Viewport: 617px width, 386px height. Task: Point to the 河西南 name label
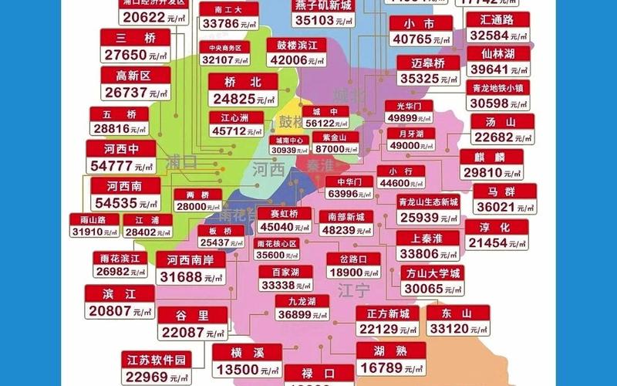(x=125, y=186)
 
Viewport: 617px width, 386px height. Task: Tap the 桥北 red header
(x=242, y=82)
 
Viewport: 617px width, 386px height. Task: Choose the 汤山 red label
(x=501, y=121)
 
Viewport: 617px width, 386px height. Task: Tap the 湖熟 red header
(x=390, y=350)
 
